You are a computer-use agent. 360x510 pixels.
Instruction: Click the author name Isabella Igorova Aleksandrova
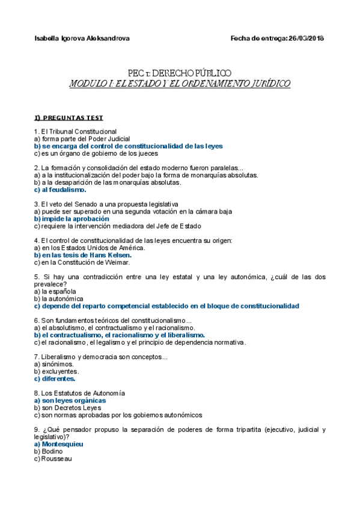click(82, 38)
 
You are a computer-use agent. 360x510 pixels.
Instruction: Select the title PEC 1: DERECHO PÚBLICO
click(180, 73)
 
